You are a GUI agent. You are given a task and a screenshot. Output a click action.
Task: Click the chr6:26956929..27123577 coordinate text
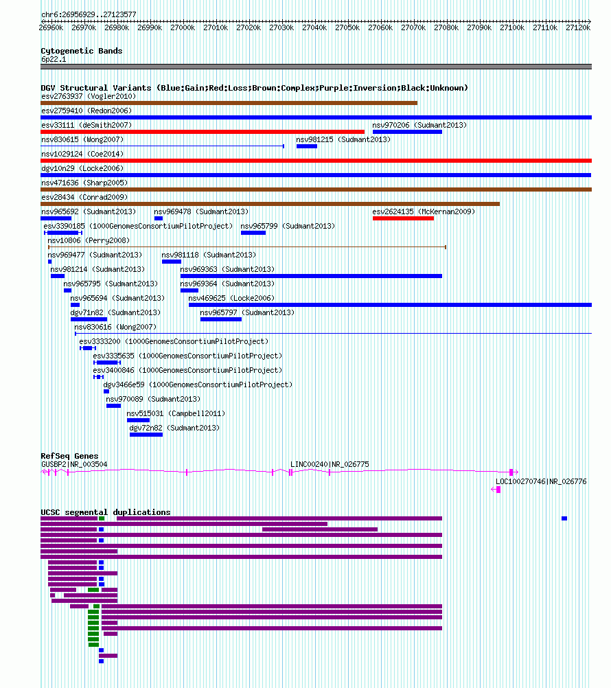tap(89, 14)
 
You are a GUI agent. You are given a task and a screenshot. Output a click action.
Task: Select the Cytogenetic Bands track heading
tap(82, 51)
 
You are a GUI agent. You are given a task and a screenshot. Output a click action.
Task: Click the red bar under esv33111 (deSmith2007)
tap(203, 132)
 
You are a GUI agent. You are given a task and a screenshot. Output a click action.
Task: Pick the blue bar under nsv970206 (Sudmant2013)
tap(407, 132)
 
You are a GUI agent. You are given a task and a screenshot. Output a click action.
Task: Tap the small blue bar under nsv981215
tap(307, 146)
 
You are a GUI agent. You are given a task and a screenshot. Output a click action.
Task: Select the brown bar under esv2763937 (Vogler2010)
tap(229, 103)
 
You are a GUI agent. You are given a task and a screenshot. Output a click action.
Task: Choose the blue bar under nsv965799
tap(253, 233)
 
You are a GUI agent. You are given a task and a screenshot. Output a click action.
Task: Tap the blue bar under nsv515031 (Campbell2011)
tap(138, 420)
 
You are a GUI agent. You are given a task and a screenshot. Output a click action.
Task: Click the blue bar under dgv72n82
tap(146, 435)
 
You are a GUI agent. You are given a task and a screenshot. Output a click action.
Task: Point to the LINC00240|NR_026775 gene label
tap(330, 464)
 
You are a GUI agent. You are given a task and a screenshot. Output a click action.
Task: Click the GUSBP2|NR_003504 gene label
tap(74, 464)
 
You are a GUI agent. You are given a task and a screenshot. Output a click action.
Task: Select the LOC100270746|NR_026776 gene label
tap(541, 481)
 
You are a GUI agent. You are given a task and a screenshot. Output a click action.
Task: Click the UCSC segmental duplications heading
tap(106, 512)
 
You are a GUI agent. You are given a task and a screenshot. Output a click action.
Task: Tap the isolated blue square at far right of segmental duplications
tap(564, 518)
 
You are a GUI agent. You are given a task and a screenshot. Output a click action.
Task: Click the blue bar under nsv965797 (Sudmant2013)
tap(221, 319)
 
